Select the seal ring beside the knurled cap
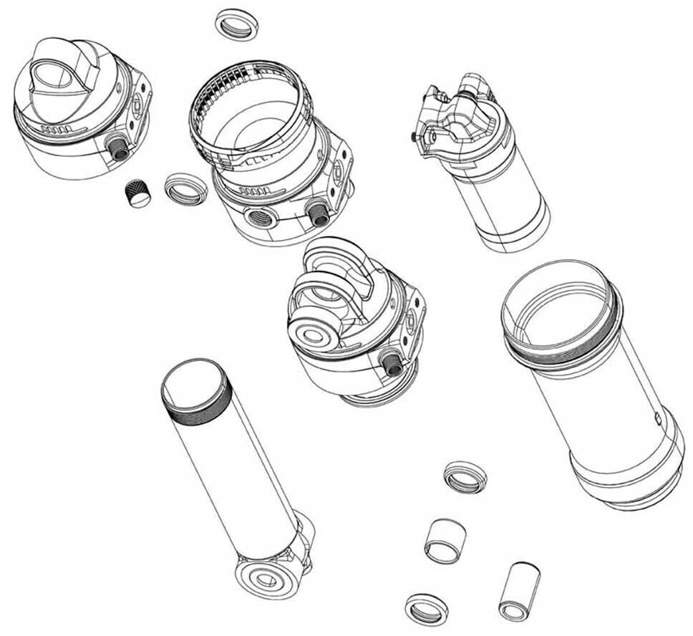tap(185, 188)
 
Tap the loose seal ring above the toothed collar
tap(236, 24)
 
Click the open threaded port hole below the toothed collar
tap(261, 216)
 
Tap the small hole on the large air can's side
tap(657, 415)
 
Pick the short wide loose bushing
tap(445, 541)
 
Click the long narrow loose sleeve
tap(520, 590)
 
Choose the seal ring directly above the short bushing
tap(465, 476)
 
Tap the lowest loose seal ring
tap(426, 609)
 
